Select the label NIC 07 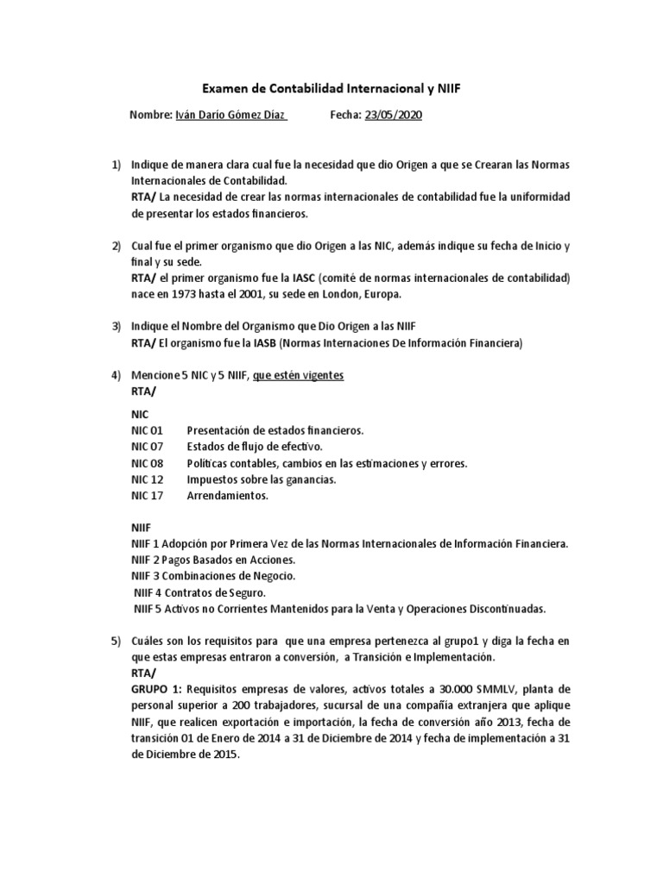[147, 446]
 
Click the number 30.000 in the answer [415, 689]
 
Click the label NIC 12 [147, 479]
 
